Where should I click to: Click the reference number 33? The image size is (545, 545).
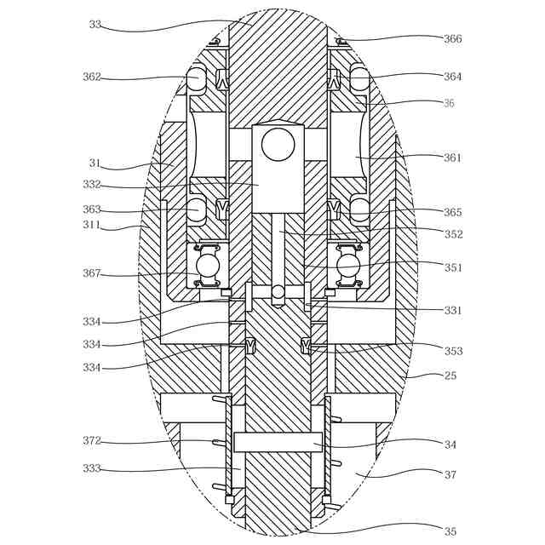[x=95, y=25]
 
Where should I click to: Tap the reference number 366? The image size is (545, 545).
[x=453, y=39]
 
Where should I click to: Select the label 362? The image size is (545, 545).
[x=92, y=77]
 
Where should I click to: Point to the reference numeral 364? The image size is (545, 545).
[x=453, y=77]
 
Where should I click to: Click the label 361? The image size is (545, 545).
[x=453, y=158]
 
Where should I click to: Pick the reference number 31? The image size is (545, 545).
[x=95, y=163]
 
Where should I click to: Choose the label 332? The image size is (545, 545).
[x=92, y=185]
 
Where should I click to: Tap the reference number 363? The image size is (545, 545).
[x=92, y=209]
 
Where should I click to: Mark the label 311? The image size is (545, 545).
[x=92, y=226]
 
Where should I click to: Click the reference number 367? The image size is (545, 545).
[x=92, y=274]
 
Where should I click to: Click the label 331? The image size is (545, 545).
[x=453, y=311]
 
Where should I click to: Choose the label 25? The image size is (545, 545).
[x=450, y=376]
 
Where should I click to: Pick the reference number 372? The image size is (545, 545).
[x=92, y=441]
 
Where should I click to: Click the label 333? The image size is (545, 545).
[x=92, y=468]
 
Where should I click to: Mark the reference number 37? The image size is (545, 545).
[x=450, y=475]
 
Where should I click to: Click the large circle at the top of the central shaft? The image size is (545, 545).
[x=278, y=145]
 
